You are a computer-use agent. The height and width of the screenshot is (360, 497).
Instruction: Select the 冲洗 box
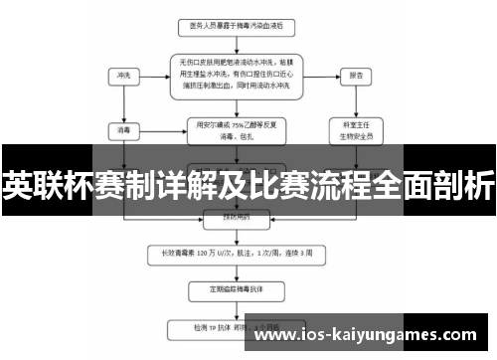(123, 75)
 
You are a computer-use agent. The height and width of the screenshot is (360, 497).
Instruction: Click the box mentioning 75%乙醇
(231, 128)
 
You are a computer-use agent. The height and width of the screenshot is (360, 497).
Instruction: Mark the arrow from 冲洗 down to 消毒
(123, 104)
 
